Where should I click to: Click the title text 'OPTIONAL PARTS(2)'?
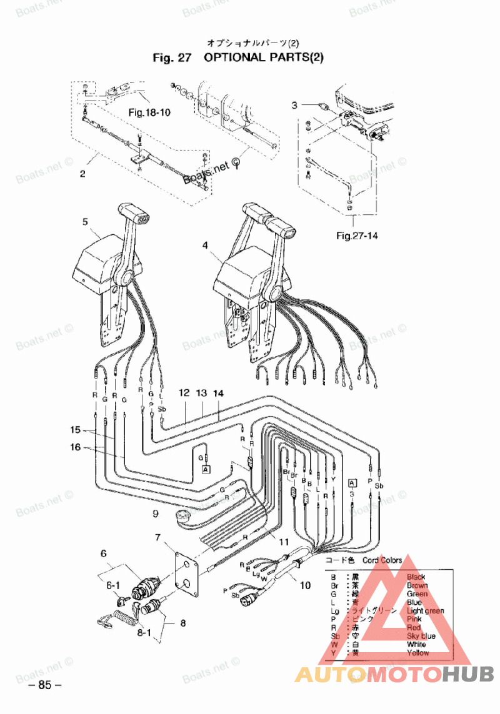point(263,57)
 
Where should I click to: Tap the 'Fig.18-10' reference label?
point(149,113)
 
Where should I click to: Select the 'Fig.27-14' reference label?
point(357,236)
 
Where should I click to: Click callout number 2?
point(82,174)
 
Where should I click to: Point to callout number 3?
point(296,105)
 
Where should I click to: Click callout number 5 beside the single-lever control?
point(85,221)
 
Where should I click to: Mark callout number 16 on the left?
point(76,447)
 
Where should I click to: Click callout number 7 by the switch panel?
point(158,537)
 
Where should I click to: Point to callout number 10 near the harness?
point(305,585)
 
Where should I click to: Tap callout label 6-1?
point(112,585)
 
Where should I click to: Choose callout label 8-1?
point(144,632)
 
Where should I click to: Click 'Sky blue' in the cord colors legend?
point(420,636)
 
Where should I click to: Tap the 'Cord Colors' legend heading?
point(382,560)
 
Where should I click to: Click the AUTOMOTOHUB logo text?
point(394,674)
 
